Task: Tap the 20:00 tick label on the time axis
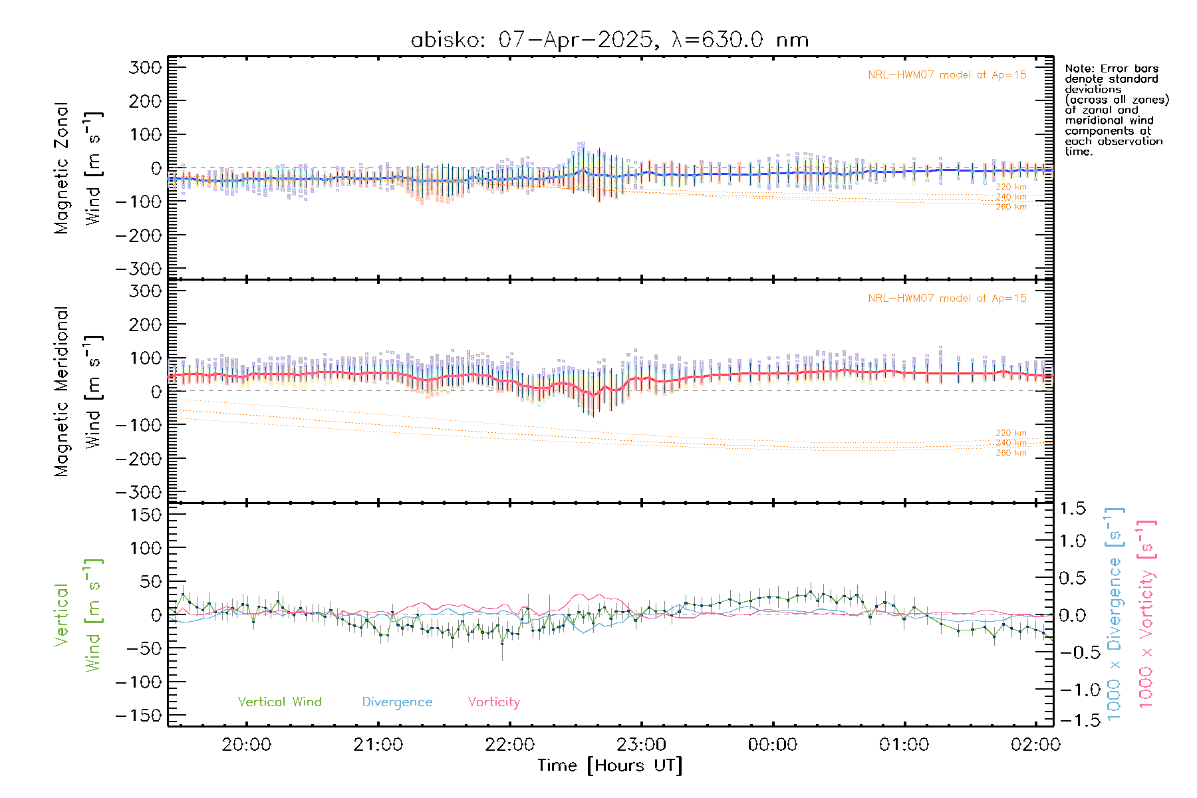[x=246, y=745]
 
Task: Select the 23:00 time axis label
[x=641, y=745]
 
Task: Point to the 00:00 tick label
[x=773, y=745]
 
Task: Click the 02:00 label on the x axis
[x=1035, y=745]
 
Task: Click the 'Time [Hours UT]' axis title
[x=610, y=765]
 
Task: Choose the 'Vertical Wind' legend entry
[x=279, y=702]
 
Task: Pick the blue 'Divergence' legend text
[x=397, y=702]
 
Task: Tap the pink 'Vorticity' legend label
[x=493, y=702]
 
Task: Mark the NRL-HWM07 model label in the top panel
[x=947, y=75]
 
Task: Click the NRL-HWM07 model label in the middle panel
[x=947, y=299]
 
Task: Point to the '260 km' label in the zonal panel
[x=1011, y=207]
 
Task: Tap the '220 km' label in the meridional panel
[x=1011, y=433]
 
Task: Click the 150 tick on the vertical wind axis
[x=146, y=515]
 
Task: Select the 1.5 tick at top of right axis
[x=1073, y=509]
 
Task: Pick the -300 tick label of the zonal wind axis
[x=138, y=269]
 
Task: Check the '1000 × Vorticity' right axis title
[x=1146, y=613]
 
